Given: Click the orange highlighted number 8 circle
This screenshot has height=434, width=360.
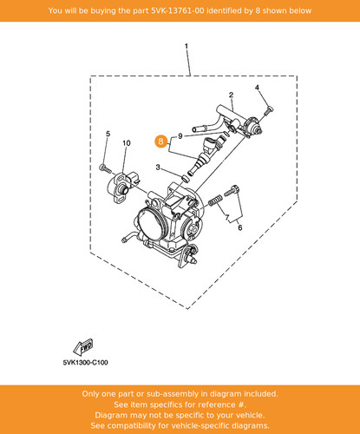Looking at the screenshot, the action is pos(161,141).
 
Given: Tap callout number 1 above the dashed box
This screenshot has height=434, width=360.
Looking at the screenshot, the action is pos(187,46).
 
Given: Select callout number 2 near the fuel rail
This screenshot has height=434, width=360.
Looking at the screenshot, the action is pos(231,95).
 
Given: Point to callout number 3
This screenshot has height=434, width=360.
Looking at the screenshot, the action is pos(158,168).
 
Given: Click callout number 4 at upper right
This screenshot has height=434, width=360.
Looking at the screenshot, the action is pos(257,88).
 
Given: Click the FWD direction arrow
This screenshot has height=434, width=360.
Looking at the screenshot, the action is pos(82,347).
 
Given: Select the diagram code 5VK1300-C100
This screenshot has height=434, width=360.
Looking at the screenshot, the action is pos(85,363).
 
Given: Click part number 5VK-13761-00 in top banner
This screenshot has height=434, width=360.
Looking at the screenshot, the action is pos(178,10).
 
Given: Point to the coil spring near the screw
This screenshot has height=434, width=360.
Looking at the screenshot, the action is pos(215,201).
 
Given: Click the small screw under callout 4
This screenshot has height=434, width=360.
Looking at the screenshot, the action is pos(269,110).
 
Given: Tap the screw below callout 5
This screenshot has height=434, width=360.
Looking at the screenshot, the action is pos(105,168).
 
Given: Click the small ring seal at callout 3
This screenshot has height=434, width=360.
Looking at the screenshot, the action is pos(185,179).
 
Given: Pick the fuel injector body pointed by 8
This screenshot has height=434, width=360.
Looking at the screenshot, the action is pos(206,155).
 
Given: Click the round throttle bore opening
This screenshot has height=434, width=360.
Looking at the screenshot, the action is pos(151,225).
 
